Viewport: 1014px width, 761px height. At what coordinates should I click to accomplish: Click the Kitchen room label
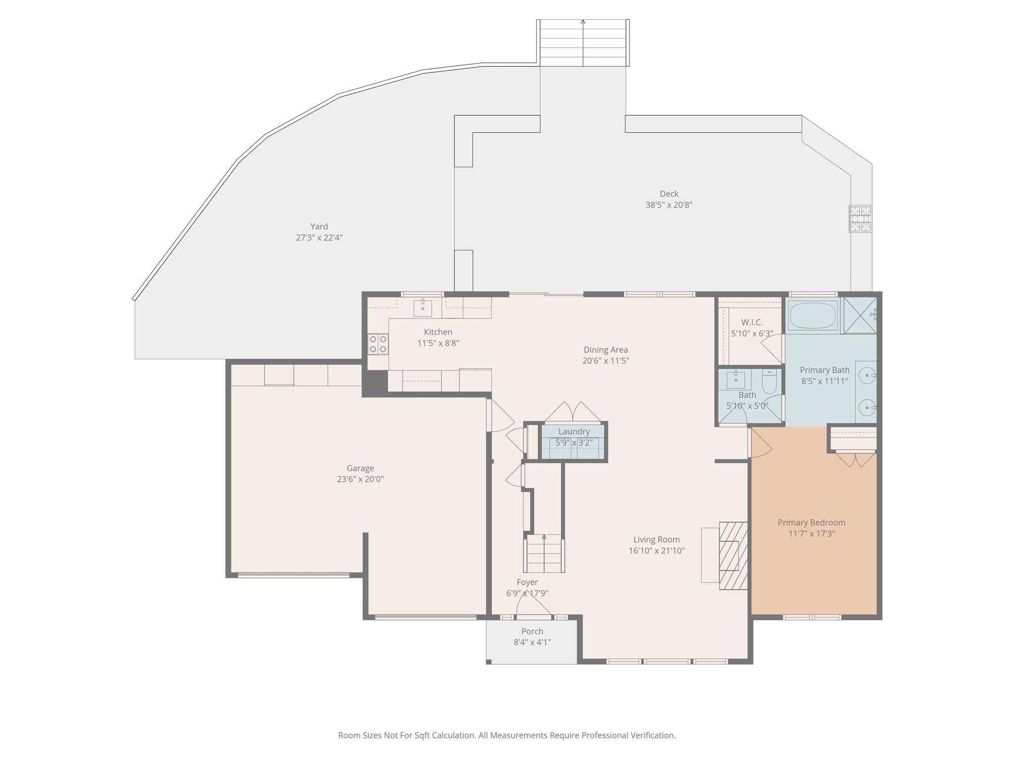438,332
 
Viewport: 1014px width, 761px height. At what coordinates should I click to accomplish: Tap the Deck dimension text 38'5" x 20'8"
669,205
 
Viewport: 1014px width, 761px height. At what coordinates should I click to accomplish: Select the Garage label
360,468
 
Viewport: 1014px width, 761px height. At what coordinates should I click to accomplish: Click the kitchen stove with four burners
378,344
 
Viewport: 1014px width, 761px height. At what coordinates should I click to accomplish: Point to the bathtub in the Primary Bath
813,315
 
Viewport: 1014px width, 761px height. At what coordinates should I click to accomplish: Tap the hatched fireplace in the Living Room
733,555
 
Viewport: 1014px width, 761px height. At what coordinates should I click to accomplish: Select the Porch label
532,631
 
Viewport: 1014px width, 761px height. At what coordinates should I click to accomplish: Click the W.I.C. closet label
752,323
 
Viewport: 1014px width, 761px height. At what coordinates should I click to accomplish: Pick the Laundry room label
574,432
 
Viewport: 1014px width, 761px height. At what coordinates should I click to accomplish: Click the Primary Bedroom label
811,522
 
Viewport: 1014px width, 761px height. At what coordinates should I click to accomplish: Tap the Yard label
319,226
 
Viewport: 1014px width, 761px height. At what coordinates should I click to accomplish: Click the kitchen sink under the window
422,308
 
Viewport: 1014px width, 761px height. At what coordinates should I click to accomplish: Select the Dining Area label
606,350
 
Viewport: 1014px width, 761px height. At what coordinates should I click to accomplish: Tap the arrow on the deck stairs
583,43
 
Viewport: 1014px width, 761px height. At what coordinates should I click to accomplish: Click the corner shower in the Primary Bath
860,315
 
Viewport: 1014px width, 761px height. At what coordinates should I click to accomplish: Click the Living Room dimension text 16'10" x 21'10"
657,550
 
